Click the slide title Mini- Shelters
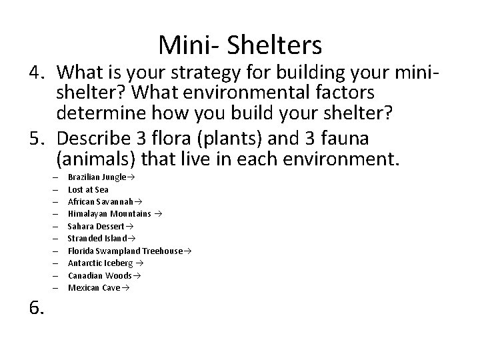(x=240, y=45)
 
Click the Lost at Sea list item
(x=88, y=189)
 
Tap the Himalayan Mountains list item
(x=110, y=213)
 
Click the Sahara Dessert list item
(x=96, y=226)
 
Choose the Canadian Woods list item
(x=100, y=275)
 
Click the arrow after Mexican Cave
(x=125, y=288)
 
